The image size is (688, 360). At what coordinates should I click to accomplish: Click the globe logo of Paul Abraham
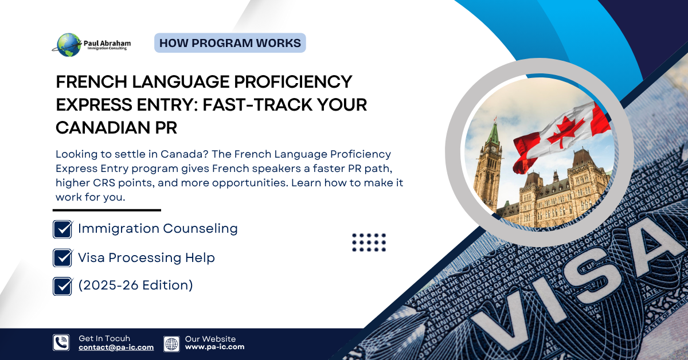coord(69,45)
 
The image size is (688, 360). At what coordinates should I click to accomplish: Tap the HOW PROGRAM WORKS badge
coord(230,43)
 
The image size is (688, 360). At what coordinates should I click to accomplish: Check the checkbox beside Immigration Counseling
coord(62,229)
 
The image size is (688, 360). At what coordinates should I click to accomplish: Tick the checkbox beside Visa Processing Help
coord(62,258)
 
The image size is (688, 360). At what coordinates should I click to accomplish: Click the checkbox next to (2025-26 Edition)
coord(62,286)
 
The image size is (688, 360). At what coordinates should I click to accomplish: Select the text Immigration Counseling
coord(158,228)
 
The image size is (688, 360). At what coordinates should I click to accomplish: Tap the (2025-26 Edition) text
coord(135,285)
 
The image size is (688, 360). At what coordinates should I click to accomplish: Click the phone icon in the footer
coord(61,343)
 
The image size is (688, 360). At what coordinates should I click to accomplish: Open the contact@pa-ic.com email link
coord(116,347)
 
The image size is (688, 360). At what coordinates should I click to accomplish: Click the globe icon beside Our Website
coord(171,343)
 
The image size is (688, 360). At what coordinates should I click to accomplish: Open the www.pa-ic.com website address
coord(214,347)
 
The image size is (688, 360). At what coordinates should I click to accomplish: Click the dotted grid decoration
coord(369,242)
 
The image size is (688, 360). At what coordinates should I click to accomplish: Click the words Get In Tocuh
coord(104,339)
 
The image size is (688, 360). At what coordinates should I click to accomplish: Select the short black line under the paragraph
coord(108,210)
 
